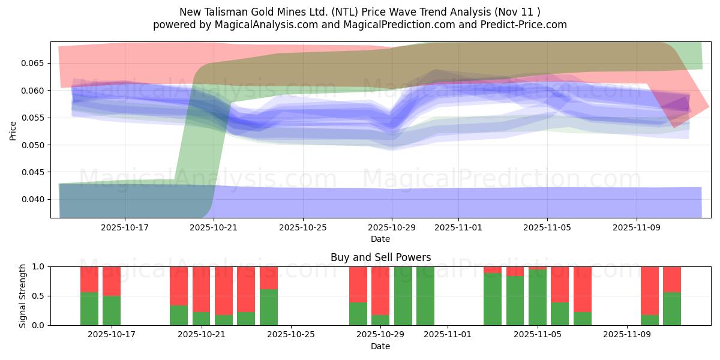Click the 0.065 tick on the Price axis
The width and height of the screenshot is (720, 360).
point(34,63)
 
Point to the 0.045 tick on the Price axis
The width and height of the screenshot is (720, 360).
point(34,172)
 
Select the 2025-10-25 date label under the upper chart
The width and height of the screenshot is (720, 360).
point(303,227)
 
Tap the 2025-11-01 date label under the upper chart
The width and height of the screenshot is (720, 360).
point(458,227)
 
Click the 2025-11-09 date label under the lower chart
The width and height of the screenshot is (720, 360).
point(626,335)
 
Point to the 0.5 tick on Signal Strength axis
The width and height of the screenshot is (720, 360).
point(40,296)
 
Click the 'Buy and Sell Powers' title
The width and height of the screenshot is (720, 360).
point(380,257)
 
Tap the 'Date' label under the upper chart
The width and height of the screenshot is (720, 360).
point(380,239)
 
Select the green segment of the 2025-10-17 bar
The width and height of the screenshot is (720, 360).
point(112,310)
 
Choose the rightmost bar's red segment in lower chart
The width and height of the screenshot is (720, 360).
point(672,279)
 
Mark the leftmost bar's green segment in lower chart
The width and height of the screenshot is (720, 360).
point(89,308)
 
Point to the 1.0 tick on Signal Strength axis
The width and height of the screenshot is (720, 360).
point(40,266)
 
